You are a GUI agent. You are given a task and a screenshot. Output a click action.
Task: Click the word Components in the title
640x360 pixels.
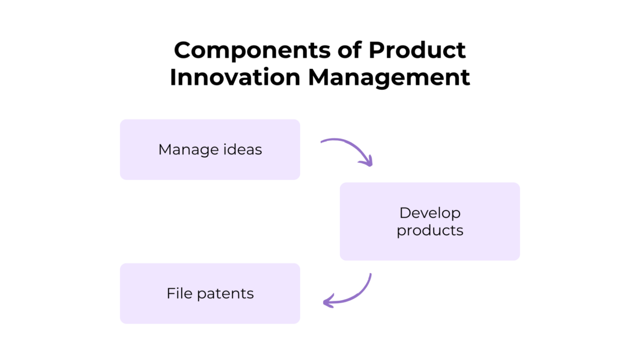click(x=252, y=50)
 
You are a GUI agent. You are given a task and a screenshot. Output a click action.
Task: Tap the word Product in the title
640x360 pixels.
click(x=417, y=50)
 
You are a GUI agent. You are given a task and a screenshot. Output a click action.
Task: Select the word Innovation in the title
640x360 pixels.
click(x=235, y=77)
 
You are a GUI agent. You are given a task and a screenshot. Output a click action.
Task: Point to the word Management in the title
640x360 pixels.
click(x=389, y=77)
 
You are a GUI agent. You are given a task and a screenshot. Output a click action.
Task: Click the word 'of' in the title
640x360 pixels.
click(x=350, y=50)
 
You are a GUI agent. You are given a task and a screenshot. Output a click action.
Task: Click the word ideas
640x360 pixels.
click(x=242, y=150)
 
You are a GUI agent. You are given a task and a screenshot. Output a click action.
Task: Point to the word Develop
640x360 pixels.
click(x=430, y=213)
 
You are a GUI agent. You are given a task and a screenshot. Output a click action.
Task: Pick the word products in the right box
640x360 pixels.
click(x=430, y=230)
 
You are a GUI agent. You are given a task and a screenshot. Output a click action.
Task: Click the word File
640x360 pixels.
click(x=179, y=293)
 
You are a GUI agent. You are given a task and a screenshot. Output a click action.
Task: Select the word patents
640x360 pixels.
click(x=225, y=293)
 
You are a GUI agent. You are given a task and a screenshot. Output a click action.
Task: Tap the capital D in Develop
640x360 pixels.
click(x=405, y=213)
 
